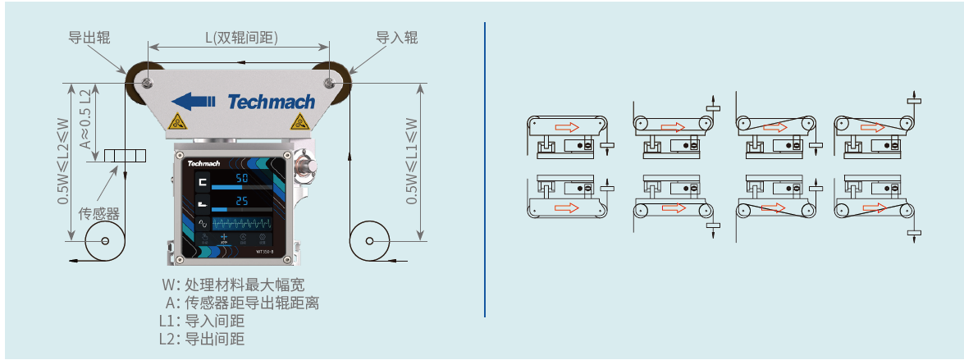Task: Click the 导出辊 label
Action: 89,38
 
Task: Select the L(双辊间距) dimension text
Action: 240,38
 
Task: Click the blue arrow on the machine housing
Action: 194,101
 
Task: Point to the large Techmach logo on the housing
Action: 271,102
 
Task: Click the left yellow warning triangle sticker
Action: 176,123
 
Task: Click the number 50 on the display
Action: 242,179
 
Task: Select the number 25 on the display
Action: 242,202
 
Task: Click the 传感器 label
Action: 98,214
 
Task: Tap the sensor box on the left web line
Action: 125,156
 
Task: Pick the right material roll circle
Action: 370,241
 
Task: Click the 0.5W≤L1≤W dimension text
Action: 412,160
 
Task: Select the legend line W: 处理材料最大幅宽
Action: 233,285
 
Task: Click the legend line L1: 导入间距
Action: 202,321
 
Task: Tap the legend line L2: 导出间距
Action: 202,339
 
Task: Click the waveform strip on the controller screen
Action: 241,223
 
